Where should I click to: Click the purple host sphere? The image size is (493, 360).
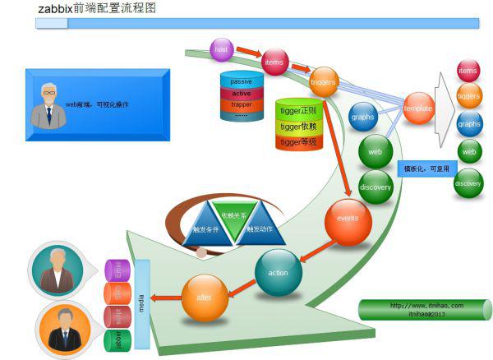[x=221, y=50]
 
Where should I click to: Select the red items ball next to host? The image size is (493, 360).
[x=274, y=62]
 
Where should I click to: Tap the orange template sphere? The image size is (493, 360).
[x=418, y=108]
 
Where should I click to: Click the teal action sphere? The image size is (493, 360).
[x=279, y=273]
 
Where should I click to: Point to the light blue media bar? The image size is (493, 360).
[x=141, y=303]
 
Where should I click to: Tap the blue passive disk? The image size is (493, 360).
[x=242, y=81]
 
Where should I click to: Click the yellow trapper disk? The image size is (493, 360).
[x=242, y=104]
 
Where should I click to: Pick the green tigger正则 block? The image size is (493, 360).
[x=297, y=110]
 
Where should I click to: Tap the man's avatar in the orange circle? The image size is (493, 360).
[x=62, y=328]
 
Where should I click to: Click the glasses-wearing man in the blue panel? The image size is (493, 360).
[x=48, y=105]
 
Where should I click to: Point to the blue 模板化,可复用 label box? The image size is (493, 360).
[x=423, y=167]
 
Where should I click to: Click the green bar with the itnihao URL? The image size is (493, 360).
[x=424, y=309]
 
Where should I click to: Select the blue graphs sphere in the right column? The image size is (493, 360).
[x=469, y=124]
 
